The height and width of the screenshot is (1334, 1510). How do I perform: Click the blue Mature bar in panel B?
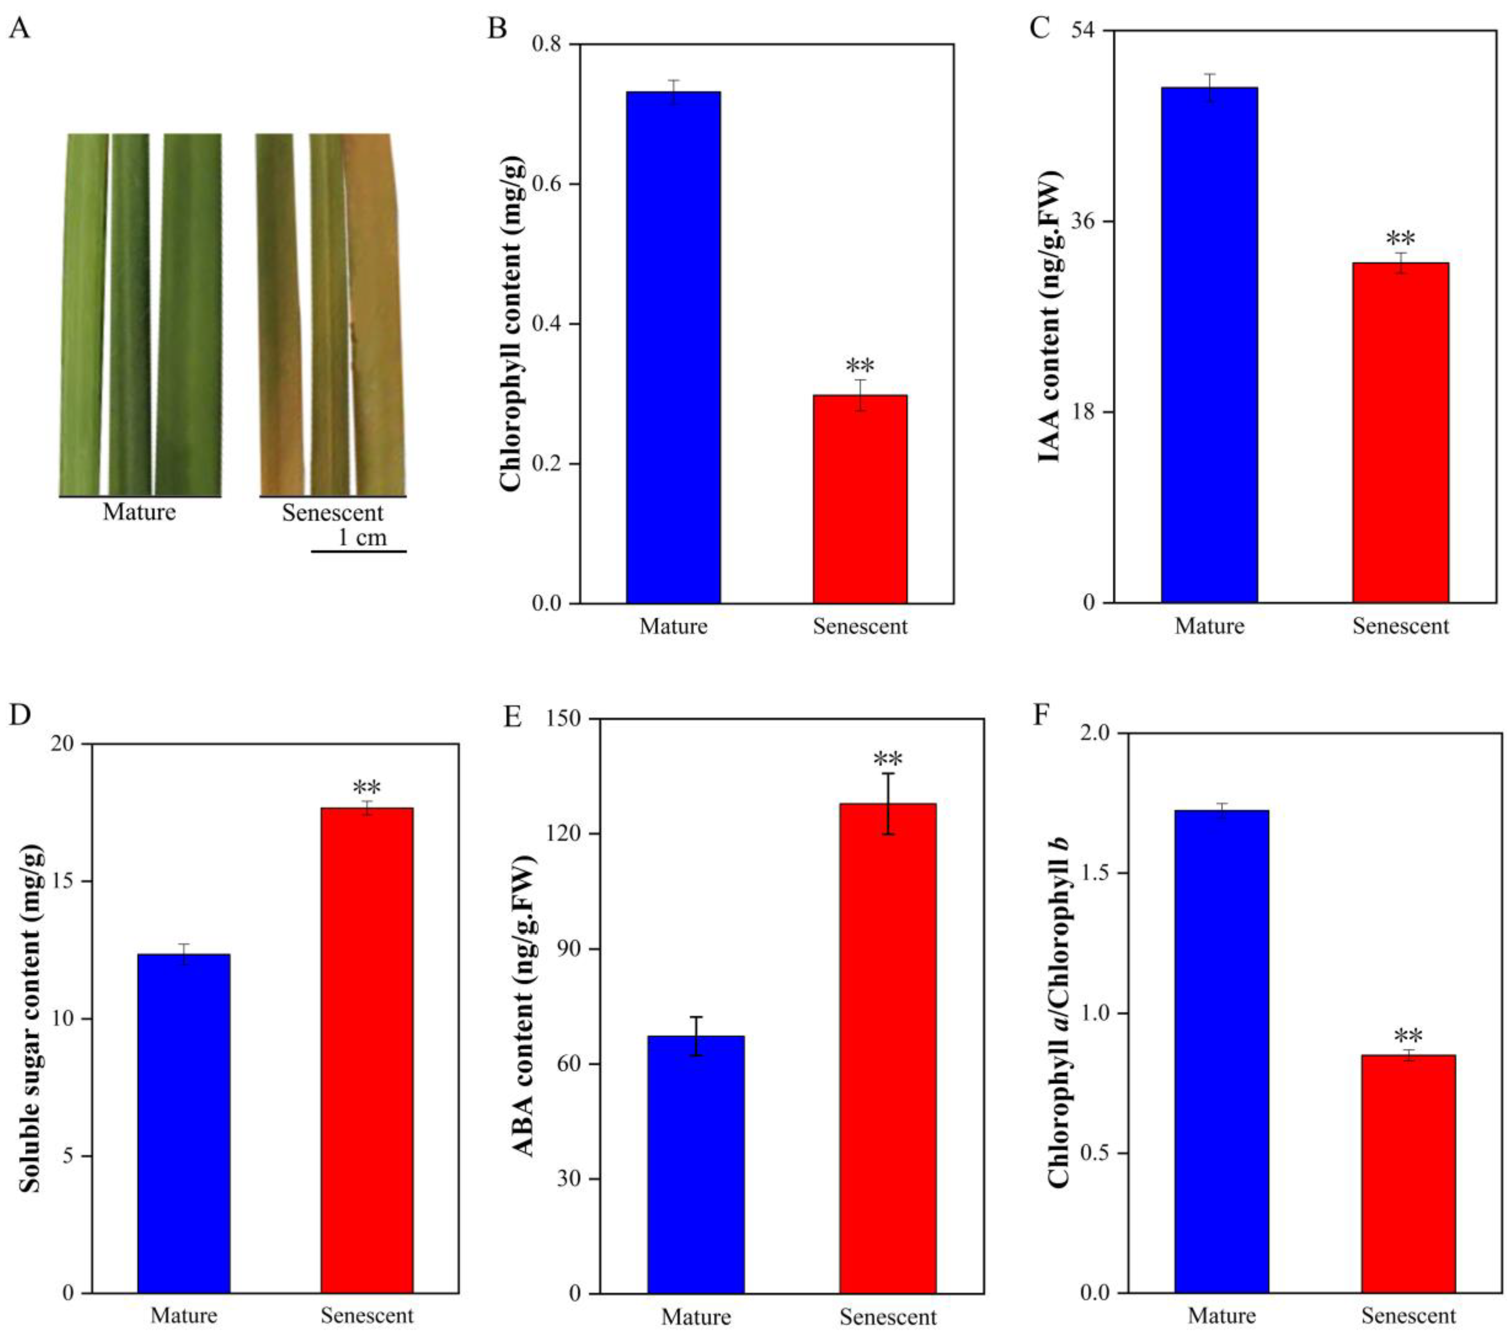click(673, 347)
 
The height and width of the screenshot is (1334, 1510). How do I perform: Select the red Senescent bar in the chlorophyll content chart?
click(860, 499)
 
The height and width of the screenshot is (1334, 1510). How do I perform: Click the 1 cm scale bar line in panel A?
click(358, 551)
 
